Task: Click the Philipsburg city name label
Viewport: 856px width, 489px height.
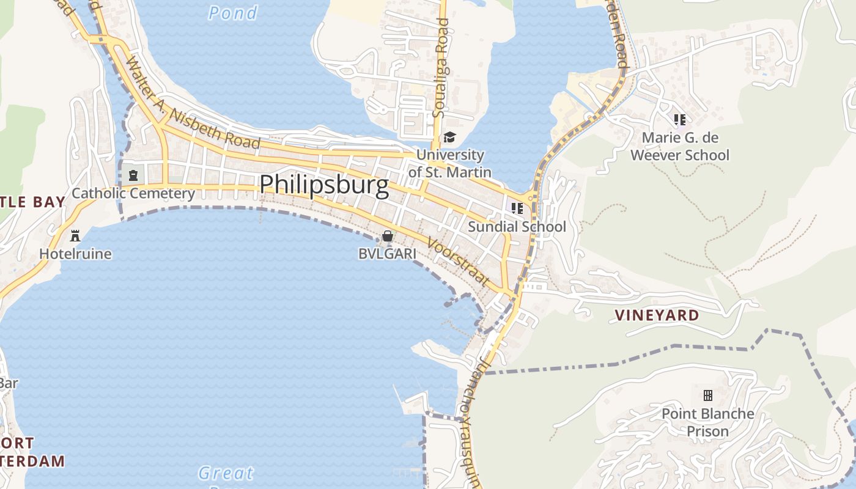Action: [x=324, y=185]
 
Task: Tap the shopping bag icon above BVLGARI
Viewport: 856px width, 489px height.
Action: [x=387, y=236]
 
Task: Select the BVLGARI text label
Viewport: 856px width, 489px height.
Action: [x=387, y=253]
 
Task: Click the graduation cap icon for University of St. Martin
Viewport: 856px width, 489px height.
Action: [x=449, y=137]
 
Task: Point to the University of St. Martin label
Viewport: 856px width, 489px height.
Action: [x=449, y=163]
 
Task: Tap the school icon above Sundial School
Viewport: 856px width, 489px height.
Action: [x=517, y=208]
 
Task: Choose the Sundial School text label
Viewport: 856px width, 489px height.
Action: [x=517, y=227]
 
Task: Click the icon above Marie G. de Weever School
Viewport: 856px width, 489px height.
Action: [x=679, y=119]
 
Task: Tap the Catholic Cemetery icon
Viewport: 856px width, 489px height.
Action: [x=133, y=175]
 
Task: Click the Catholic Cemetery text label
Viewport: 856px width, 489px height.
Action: [x=133, y=194]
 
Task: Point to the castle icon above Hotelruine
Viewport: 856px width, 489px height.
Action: [x=75, y=235]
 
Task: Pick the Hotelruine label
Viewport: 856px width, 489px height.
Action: [x=75, y=253]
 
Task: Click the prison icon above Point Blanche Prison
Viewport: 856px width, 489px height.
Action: [x=707, y=395]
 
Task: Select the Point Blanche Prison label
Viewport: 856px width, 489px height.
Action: [x=707, y=422]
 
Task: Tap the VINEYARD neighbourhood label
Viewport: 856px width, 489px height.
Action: [x=657, y=315]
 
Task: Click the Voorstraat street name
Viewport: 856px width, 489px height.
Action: [x=459, y=262]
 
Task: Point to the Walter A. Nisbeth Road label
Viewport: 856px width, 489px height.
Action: [x=193, y=103]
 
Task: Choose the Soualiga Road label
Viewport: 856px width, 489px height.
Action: [x=441, y=67]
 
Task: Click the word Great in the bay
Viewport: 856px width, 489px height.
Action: [x=226, y=473]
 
